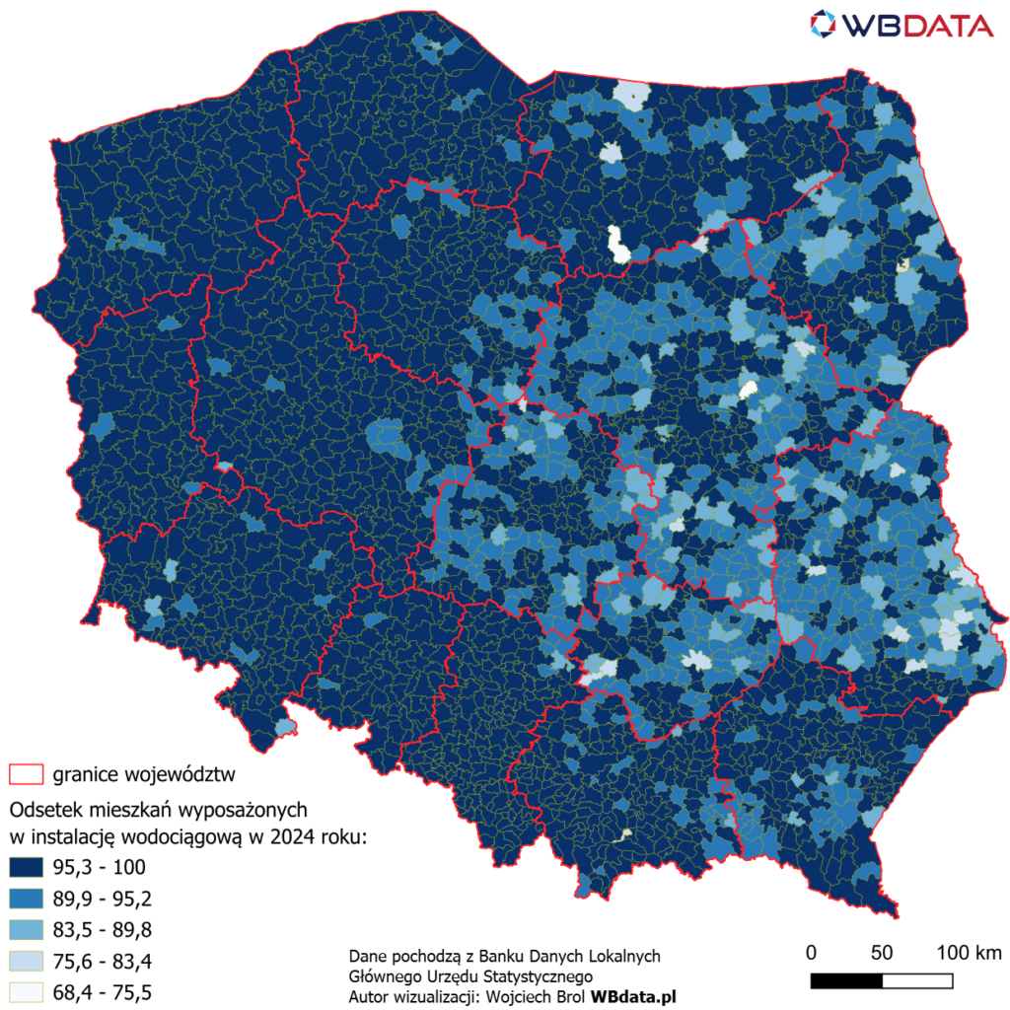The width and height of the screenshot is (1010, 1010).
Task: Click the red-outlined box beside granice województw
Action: click(x=26, y=774)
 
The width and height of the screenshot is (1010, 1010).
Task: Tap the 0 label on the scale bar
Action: click(x=811, y=953)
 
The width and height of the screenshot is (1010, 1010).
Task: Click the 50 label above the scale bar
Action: click(x=882, y=953)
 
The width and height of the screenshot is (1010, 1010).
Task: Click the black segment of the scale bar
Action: click(x=846, y=980)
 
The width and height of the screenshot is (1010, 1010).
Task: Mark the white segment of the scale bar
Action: click(x=917, y=980)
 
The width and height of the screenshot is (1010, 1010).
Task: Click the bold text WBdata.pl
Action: click(x=632, y=997)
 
